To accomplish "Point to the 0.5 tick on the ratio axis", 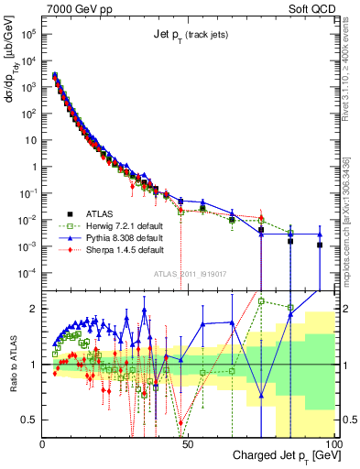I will coord(30,420).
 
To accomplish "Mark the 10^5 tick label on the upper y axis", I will coord(27,33).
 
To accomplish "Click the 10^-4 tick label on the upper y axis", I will coord(27,273).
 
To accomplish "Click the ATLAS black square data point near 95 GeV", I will coord(320,245).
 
